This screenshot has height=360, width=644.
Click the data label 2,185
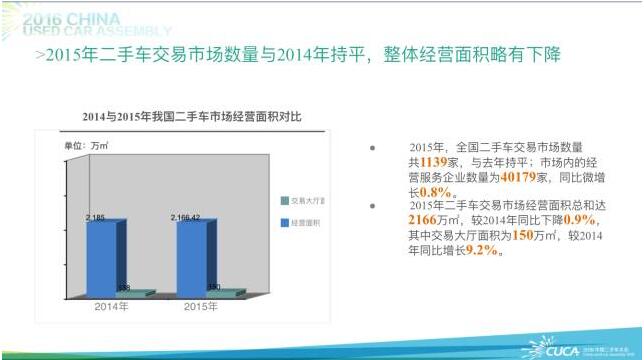[96, 216]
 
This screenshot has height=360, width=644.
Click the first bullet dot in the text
[373, 147]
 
